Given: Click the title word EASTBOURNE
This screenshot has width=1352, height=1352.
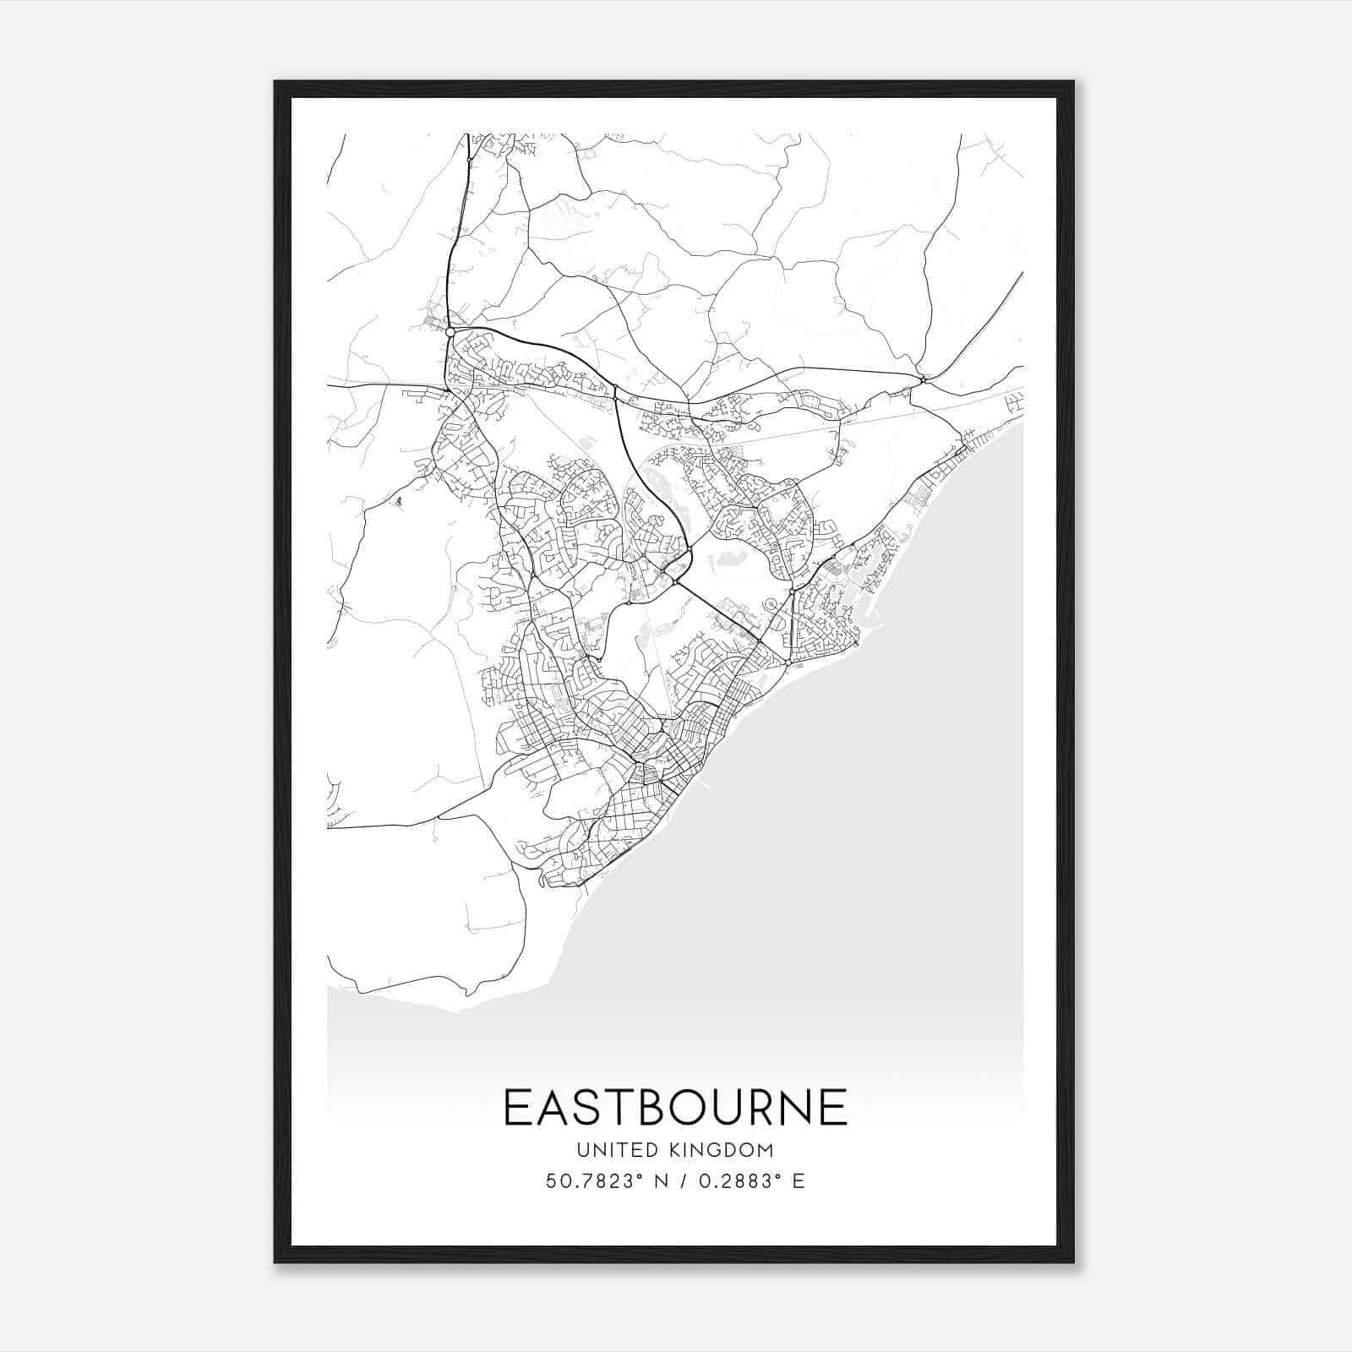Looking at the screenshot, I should [x=675, y=1107].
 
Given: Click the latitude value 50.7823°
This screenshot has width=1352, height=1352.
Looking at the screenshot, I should [x=590, y=1180].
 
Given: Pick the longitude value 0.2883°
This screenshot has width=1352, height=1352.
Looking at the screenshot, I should [x=735, y=1180].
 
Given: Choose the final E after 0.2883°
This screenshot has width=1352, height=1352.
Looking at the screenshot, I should [x=799, y=1180].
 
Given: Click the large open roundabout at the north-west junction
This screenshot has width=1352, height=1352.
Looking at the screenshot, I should [x=450, y=333].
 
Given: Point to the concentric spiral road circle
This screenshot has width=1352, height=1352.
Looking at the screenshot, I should [x=770, y=604].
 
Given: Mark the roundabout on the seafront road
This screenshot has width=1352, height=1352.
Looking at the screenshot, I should [x=787, y=664].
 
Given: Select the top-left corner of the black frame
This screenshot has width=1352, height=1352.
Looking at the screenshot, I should [x=276, y=83].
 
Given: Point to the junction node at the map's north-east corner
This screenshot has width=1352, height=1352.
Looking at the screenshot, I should [x=923, y=379].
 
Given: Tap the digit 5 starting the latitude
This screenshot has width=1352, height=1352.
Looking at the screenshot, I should [x=551, y=1180].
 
